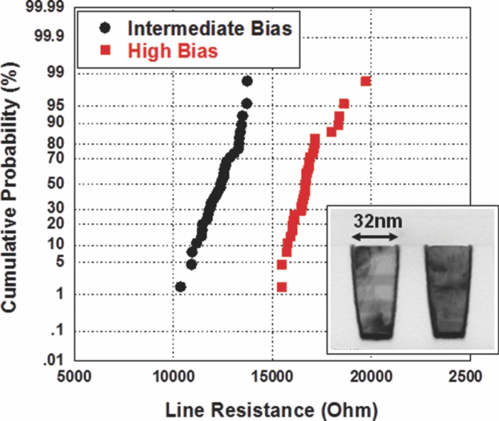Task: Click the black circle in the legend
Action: (105, 28)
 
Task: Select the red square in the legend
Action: (105, 51)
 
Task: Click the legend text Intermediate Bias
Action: (210, 28)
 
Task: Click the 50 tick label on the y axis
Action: (56, 183)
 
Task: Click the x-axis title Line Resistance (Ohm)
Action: (271, 410)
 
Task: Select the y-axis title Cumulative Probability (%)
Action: (9, 187)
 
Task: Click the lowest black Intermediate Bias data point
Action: (180, 287)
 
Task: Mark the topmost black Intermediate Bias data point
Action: (247, 81)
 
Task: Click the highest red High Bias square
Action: (366, 81)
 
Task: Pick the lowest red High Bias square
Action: (281, 287)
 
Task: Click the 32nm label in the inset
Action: (377, 221)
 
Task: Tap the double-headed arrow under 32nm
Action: (375, 236)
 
